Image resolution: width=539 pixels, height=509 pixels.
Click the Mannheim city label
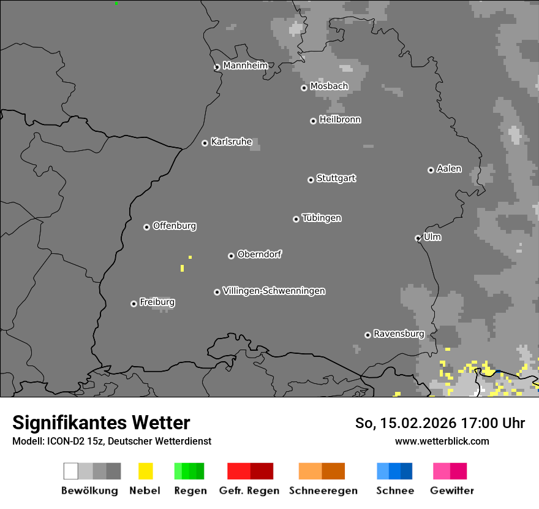click(x=245, y=66)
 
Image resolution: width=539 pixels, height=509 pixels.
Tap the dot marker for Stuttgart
click(x=311, y=180)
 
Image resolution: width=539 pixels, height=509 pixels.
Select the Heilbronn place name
click(x=340, y=120)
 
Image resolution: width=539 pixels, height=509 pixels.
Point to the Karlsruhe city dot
click(x=205, y=144)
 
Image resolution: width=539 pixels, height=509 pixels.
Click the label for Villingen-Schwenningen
click(x=274, y=291)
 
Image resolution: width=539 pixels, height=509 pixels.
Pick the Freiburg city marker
click(x=134, y=304)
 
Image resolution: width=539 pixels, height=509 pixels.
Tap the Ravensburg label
click(x=399, y=334)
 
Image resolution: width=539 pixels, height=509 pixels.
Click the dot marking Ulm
click(x=418, y=238)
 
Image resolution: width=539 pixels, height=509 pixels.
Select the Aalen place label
click(x=449, y=169)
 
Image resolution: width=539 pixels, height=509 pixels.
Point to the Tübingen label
click(x=322, y=218)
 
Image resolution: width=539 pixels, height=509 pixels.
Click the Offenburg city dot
click(x=146, y=227)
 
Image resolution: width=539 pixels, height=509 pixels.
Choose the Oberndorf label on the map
click(x=259, y=254)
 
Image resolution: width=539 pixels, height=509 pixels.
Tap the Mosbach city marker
click(x=304, y=88)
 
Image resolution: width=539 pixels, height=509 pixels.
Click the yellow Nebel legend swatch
click(x=145, y=471)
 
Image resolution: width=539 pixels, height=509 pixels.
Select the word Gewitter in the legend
click(x=452, y=491)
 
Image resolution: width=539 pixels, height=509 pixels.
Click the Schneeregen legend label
click(x=323, y=491)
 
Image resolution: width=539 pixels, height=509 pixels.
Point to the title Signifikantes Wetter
click(x=101, y=423)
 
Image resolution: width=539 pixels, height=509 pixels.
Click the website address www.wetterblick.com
click(x=442, y=441)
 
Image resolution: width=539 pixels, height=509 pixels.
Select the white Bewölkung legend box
click(x=70, y=471)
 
